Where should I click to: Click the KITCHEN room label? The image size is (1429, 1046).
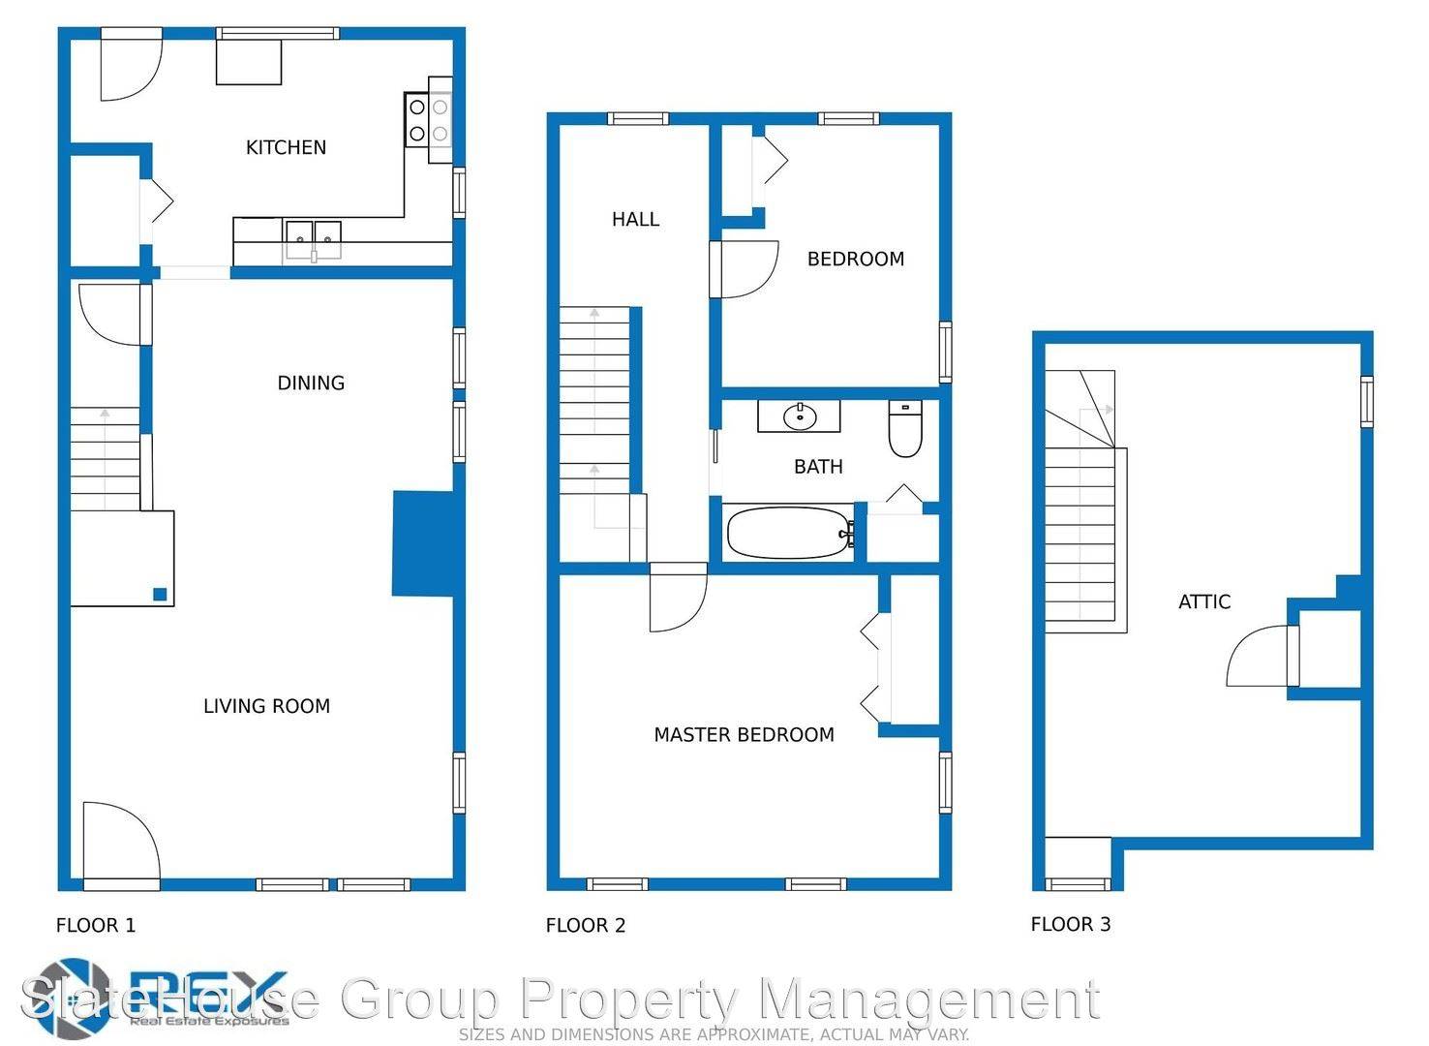pyautogui.click(x=286, y=147)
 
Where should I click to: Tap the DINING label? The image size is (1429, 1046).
pyautogui.click(x=311, y=383)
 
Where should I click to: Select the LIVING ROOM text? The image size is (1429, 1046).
pyautogui.click(x=266, y=706)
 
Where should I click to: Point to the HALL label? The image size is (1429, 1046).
pyautogui.click(x=635, y=220)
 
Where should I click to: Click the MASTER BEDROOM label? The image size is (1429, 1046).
pyautogui.click(x=744, y=734)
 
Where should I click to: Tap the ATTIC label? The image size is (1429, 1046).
pyautogui.click(x=1203, y=601)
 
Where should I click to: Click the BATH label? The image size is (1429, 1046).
pyautogui.click(x=818, y=467)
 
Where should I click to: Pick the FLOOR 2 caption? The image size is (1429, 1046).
pyautogui.click(x=585, y=925)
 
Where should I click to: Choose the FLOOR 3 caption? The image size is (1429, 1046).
pyautogui.click(x=1070, y=924)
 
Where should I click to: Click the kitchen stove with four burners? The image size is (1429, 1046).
pyautogui.click(x=428, y=119)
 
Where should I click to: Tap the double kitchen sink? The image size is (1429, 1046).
pyautogui.click(x=313, y=233)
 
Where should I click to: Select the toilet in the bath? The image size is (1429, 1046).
pyautogui.click(x=905, y=430)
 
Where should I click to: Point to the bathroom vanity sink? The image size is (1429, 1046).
pyautogui.click(x=799, y=416)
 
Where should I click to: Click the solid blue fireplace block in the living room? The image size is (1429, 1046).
pyautogui.click(x=422, y=542)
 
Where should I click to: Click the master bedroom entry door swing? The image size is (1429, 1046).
pyautogui.click(x=677, y=600)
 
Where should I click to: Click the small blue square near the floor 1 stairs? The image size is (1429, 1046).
pyautogui.click(x=159, y=595)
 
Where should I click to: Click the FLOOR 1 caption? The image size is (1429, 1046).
pyautogui.click(x=96, y=925)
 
